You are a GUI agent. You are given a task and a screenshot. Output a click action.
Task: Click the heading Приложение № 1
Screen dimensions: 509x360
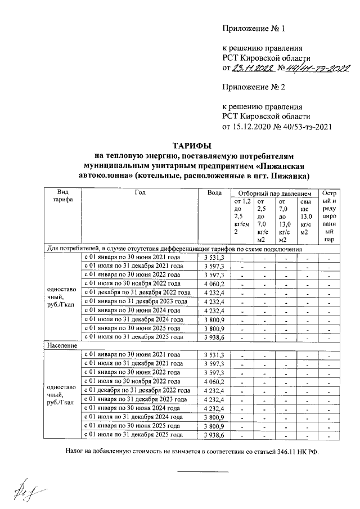point(254,28)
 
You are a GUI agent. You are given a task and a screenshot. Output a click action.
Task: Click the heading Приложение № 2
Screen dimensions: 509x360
point(254,87)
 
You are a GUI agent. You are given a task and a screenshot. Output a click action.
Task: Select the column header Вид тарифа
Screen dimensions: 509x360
point(62,196)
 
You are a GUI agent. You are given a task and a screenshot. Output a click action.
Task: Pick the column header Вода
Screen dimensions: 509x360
point(214,192)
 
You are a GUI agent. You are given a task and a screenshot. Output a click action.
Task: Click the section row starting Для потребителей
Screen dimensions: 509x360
point(174,248)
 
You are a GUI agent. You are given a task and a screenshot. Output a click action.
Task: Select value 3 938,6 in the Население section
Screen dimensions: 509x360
point(214,435)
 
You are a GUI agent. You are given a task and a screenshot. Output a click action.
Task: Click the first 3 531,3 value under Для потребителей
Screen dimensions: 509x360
point(214,257)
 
